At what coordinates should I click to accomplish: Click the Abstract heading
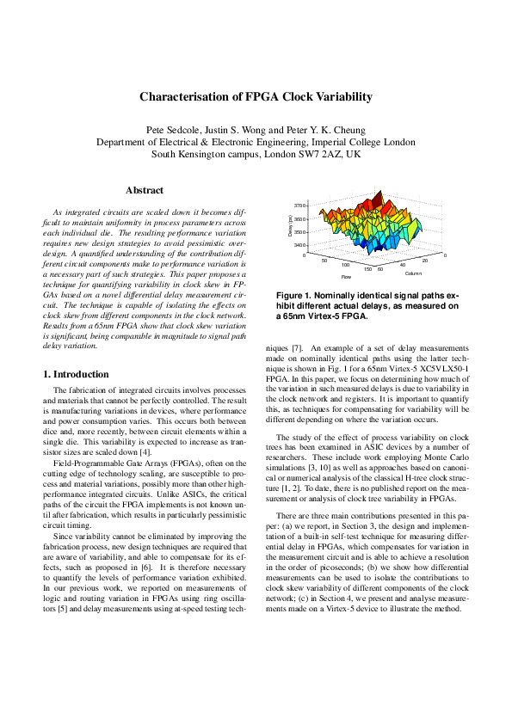(145, 190)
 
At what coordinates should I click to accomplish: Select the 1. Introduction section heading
(76, 375)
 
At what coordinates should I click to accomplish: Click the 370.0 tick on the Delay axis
(299, 206)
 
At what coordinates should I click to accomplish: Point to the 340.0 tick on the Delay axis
(299, 244)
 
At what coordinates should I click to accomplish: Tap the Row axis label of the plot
(346, 277)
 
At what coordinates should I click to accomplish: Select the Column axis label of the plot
(412, 273)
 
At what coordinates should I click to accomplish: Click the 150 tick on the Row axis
(368, 269)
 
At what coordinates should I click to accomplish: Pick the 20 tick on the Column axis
(425, 260)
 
